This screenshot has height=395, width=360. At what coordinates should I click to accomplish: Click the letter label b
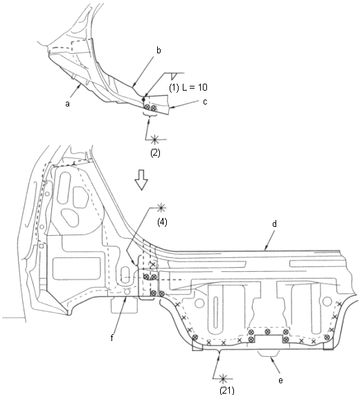(x=159, y=50)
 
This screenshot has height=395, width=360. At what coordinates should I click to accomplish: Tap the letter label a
(x=67, y=104)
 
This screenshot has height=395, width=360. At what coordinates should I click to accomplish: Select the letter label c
(x=205, y=102)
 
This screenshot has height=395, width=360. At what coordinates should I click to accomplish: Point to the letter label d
(x=275, y=223)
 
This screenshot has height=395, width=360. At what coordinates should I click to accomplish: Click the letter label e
(x=280, y=380)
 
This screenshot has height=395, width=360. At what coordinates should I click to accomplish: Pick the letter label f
(x=111, y=338)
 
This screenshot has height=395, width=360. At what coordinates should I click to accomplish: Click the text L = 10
(x=195, y=87)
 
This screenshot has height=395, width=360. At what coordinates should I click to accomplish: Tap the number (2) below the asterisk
(x=155, y=153)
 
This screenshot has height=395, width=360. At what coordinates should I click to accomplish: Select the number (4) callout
(x=162, y=222)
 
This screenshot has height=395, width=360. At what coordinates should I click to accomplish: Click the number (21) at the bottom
(x=227, y=390)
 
